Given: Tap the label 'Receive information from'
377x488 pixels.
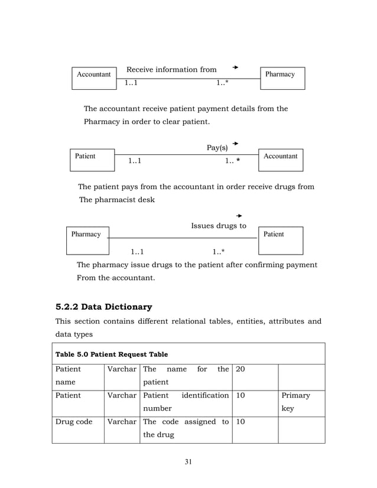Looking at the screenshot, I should pos(171,70).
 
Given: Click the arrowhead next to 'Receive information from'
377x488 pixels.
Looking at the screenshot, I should pos(235,67).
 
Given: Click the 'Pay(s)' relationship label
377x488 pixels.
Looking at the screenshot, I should pos(217,147).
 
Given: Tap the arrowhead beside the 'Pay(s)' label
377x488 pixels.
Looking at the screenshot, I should pos(235,144).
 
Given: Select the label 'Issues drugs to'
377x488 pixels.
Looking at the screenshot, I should pos(219,226).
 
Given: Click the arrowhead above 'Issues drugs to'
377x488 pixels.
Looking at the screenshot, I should pos(239,216).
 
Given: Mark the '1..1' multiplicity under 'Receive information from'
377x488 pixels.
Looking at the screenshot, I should pos(131,83).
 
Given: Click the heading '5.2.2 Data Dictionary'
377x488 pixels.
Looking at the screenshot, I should pos(103,307).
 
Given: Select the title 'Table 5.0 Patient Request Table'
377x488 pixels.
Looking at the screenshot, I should pos(111,354).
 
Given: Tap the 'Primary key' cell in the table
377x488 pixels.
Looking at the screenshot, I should pos(295,401).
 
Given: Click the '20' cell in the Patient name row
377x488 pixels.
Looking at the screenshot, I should pos(240,369).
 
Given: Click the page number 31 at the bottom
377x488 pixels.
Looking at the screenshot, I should pos(188,461).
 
